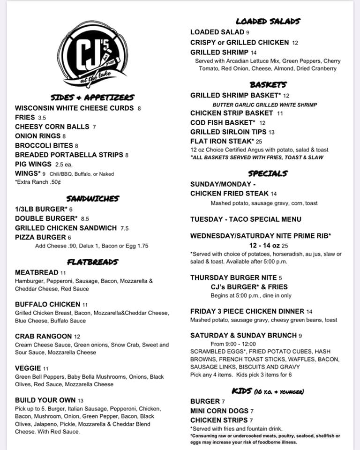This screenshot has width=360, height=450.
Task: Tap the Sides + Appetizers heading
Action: pyautogui.click(x=92, y=97)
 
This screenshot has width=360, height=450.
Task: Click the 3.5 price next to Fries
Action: pyautogui.click(x=42, y=118)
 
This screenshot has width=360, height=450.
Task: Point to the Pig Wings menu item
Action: pyautogui.click(x=33, y=164)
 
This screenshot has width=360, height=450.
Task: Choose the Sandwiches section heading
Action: pyautogui.click(x=93, y=199)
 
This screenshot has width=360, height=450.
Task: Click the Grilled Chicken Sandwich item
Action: pyautogui.click(x=66, y=228)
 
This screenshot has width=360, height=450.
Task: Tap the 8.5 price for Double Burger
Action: pyautogui.click(x=85, y=218)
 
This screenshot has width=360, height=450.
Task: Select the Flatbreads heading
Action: pyautogui.click(x=93, y=261)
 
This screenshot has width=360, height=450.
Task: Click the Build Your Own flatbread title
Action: pyautogui.click(x=45, y=400)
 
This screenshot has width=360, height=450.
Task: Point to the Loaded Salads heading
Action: pyautogui.click(x=268, y=21)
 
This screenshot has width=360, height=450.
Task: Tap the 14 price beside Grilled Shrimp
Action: pyautogui.click(x=254, y=52)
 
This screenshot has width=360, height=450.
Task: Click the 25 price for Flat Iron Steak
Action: pyautogui.click(x=259, y=141)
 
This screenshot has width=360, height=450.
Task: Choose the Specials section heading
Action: pyautogui.click(x=268, y=173)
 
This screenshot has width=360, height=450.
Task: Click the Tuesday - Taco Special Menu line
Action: pyautogui.click(x=246, y=219)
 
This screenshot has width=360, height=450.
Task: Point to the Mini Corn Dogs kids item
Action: pyautogui.click(x=219, y=411)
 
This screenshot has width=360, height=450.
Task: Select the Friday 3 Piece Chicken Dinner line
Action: pyautogui.click(x=247, y=311)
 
